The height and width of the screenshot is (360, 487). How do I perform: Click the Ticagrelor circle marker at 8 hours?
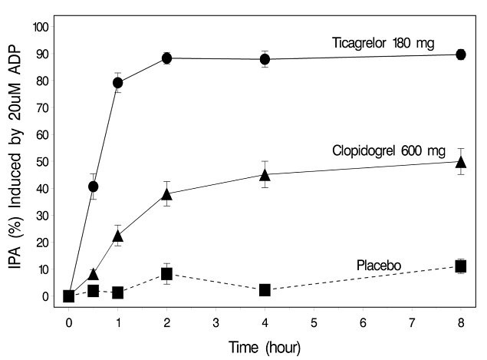tap(460, 54)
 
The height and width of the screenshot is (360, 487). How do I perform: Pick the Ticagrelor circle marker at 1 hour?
tap(118, 82)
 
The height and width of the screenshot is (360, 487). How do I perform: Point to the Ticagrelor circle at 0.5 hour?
tap(94, 187)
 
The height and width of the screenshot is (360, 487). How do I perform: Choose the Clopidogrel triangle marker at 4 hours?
tap(265, 175)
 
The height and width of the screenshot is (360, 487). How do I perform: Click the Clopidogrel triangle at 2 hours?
tap(166, 194)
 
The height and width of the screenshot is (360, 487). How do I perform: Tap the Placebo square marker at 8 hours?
tap(460, 266)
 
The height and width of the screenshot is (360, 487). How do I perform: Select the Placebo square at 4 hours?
tap(265, 290)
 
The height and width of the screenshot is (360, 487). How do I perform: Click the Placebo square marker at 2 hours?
tap(166, 273)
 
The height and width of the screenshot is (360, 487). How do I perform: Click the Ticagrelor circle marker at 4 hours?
tap(265, 59)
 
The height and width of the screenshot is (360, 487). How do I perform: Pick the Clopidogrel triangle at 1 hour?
tap(118, 236)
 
